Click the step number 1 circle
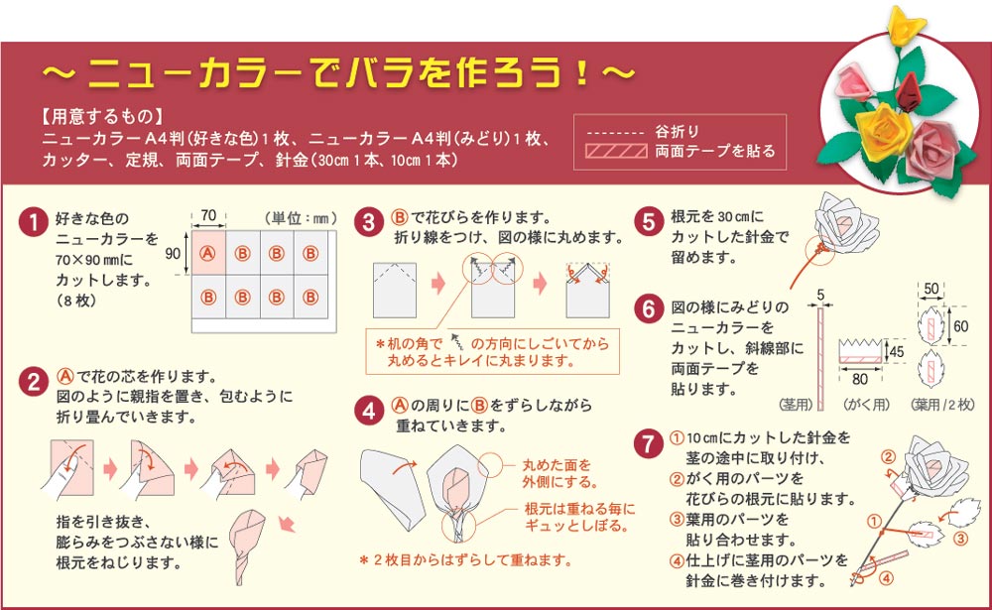[x=33, y=222]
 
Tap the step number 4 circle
[x=369, y=411]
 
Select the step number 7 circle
[x=649, y=443]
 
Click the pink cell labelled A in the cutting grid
[x=208, y=253]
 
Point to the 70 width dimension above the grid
[x=208, y=216]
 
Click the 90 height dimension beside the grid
[x=173, y=253]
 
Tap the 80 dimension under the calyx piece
[x=859, y=379]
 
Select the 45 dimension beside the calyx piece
[x=897, y=351]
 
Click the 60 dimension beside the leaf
[x=960, y=326]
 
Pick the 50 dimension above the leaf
[x=931, y=289]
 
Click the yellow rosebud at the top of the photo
[x=906, y=24]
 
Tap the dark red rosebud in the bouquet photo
[x=909, y=92]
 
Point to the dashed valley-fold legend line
[x=616, y=134]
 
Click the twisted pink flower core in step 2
[x=247, y=547]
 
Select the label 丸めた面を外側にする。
[x=560, y=473]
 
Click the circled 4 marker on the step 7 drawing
[x=886, y=577]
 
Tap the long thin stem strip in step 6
[x=820, y=358]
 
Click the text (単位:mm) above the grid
[x=302, y=218]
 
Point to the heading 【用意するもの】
[x=102, y=116]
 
